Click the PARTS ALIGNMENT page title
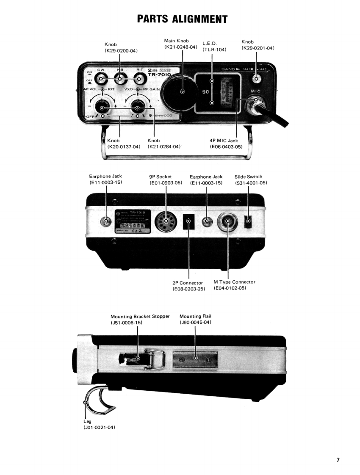point(183,19)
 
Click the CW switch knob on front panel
point(101,78)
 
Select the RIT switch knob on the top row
point(139,78)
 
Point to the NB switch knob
point(120,78)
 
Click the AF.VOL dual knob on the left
point(102,108)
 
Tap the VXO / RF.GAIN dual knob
point(138,108)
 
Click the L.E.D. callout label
point(210,44)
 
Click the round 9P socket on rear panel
point(166,221)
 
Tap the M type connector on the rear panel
point(228,221)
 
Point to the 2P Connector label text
point(188,283)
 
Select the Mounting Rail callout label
point(195,316)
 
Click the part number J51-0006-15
point(126,323)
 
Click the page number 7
point(338,460)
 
